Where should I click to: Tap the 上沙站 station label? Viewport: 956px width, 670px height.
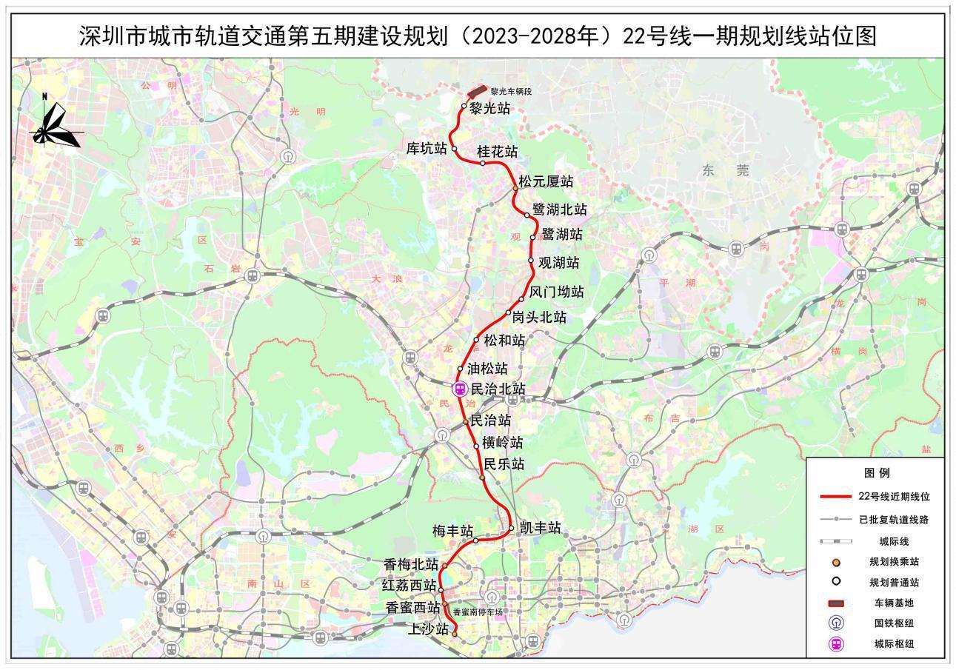point(429,630)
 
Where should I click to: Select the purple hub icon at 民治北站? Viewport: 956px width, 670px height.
point(460,389)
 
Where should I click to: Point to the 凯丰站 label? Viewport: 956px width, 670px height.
point(540,528)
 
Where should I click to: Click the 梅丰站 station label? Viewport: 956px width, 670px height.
point(452,531)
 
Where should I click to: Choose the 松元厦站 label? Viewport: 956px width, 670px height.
point(546,181)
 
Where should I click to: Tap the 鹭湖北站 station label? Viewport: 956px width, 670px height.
point(559,210)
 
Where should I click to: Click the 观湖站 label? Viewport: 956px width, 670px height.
point(558,263)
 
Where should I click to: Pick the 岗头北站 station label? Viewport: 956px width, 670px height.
point(539,318)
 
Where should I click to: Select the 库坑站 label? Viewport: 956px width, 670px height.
point(427,149)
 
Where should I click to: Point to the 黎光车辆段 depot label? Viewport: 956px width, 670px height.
point(511,92)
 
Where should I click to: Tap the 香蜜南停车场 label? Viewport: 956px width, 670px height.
point(478,612)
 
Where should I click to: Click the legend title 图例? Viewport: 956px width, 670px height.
point(876,473)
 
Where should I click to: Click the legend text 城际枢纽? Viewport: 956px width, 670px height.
point(894,644)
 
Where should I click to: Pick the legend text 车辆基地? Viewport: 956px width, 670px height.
point(894,603)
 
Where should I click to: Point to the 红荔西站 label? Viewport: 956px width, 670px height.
point(409,586)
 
